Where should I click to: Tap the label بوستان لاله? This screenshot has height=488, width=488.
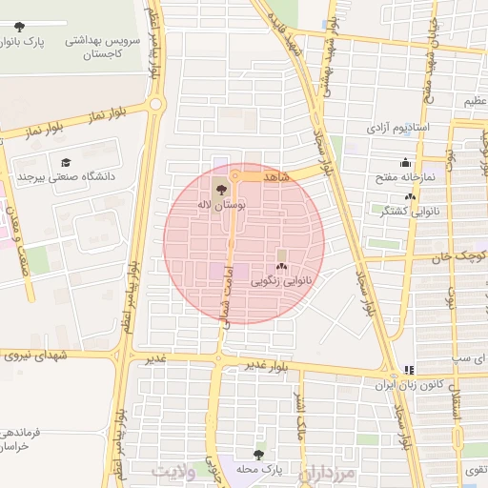[222, 204]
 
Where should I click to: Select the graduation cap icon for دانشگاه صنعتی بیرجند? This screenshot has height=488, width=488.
[66, 162]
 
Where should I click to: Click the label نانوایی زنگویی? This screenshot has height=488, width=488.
[281, 282]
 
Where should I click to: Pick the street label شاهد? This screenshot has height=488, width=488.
[273, 178]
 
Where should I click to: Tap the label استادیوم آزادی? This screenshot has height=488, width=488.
[399, 127]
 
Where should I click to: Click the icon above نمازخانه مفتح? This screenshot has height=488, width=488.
[406, 161]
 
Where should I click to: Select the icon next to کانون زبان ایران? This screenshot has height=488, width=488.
[409, 369]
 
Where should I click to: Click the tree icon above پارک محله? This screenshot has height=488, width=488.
[258, 455]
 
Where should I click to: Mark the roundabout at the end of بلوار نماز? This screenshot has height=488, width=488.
[155, 104]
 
